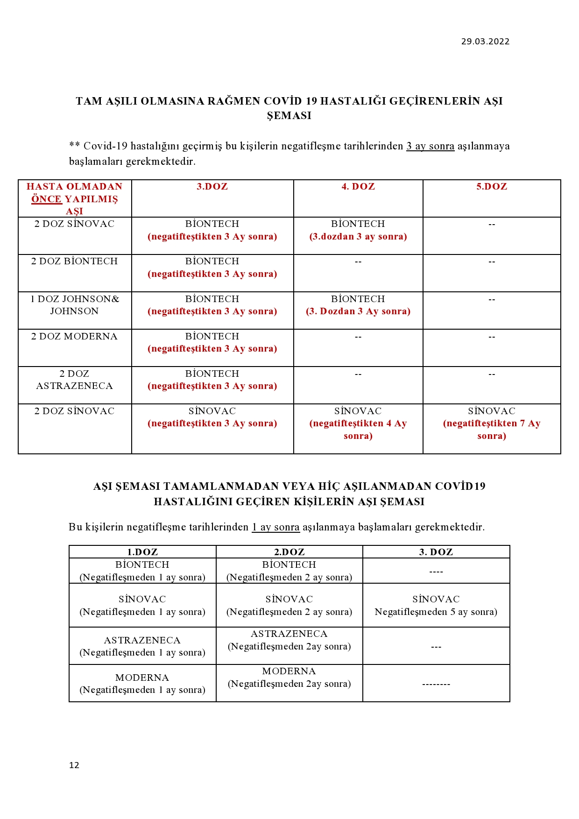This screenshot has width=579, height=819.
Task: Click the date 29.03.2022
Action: pyautogui.click(x=485, y=42)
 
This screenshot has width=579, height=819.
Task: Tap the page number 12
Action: pyautogui.click(x=74, y=765)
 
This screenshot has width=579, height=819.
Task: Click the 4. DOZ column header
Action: pyautogui.click(x=358, y=187)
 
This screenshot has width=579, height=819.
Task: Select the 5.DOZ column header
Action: pyautogui.click(x=492, y=187)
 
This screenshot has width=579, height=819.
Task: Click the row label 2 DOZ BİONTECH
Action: pyautogui.click(x=75, y=261)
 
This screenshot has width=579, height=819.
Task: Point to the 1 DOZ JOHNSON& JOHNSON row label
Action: pyautogui.click(x=75, y=305)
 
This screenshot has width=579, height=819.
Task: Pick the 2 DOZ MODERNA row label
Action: pyautogui.click(x=75, y=337)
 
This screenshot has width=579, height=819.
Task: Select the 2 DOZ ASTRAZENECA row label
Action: pyautogui.click(x=75, y=380)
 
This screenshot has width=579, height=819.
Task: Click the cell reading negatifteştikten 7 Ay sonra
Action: pyautogui.click(x=492, y=430)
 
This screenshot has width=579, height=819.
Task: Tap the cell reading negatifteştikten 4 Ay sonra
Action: pyautogui.click(x=358, y=430)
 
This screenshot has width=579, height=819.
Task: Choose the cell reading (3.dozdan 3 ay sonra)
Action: pyautogui.click(x=358, y=237)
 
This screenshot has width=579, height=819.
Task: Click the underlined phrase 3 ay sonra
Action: pyautogui.click(x=430, y=146)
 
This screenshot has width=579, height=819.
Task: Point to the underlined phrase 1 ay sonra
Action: pyautogui.click(x=275, y=527)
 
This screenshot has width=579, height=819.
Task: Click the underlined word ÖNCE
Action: pyautogui.click(x=47, y=199)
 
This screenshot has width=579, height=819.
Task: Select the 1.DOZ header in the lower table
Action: pyautogui.click(x=142, y=552)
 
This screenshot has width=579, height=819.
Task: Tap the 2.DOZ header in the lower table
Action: pyautogui.click(x=289, y=552)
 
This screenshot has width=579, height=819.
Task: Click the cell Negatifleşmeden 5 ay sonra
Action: pyautogui.click(x=436, y=612)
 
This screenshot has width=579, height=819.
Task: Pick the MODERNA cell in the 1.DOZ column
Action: pyautogui.click(x=142, y=684)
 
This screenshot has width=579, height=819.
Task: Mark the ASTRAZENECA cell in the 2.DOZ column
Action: pyautogui.click(x=289, y=640)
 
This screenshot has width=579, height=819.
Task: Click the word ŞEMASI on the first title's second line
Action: pyautogui.click(x=289, y=116)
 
